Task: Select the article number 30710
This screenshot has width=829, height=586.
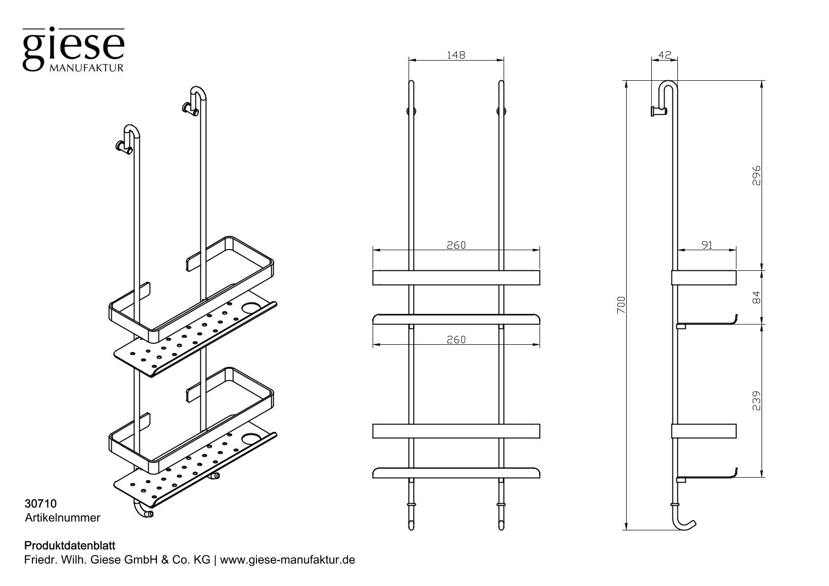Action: point(40,504)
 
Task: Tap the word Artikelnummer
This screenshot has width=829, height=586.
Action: point(63,518)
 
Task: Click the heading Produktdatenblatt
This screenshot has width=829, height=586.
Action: point(69,546)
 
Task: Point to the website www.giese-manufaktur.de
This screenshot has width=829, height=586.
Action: point(287,560)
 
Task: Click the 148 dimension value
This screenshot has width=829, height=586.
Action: point(456,55)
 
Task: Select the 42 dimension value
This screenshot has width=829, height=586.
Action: point(665,55)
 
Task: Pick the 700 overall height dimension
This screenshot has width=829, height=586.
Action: point(621,305)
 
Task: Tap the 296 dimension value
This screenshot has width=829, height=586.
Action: point(757,175)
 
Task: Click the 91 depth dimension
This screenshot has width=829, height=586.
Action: point(707,245)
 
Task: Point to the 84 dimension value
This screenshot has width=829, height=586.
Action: point(757,297)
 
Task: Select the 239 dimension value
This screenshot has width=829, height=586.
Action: point(757,401)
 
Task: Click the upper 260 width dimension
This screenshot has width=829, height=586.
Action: point(456,245)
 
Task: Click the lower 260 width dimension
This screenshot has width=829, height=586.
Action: point(456,339)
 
